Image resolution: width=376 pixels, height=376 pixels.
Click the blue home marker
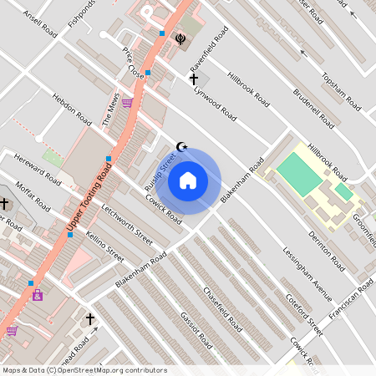(x=188, y=180)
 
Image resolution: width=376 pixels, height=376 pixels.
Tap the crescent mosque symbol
(x=183, y=147)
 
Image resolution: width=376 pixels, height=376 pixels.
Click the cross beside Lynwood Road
(x=194, y=79)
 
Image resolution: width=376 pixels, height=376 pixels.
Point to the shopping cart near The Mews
(x=127, y=103)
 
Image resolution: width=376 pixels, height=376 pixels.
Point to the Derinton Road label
(x=326, y=251)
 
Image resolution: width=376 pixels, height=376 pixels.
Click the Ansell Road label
(x=40, y=24)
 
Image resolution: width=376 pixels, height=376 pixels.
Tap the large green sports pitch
(x=299, y=174)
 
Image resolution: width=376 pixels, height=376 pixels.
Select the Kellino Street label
(x=105, y=246)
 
